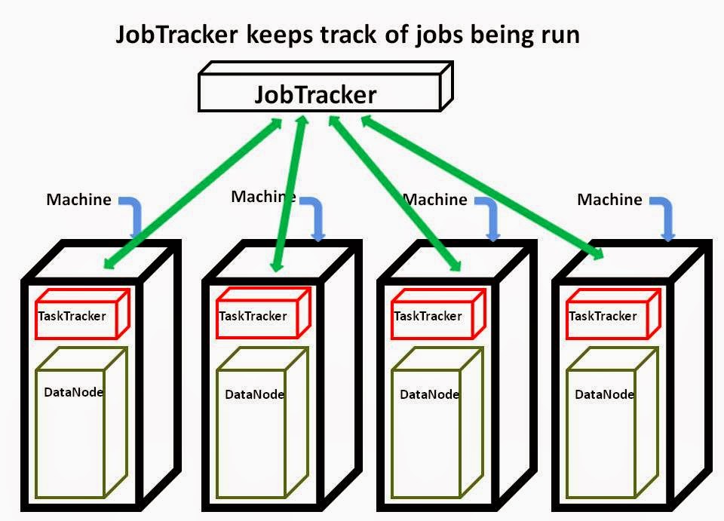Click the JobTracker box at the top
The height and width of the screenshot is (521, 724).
(315, 95)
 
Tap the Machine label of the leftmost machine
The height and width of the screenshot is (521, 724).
(78, 200)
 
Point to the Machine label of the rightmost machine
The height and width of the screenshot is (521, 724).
(609, 200)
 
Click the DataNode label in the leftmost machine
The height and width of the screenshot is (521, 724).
(73, 392)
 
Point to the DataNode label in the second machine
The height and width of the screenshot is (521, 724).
(254, 394)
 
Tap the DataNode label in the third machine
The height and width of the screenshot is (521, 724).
(429, 394)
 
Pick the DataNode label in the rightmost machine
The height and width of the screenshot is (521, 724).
(604, 394)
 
